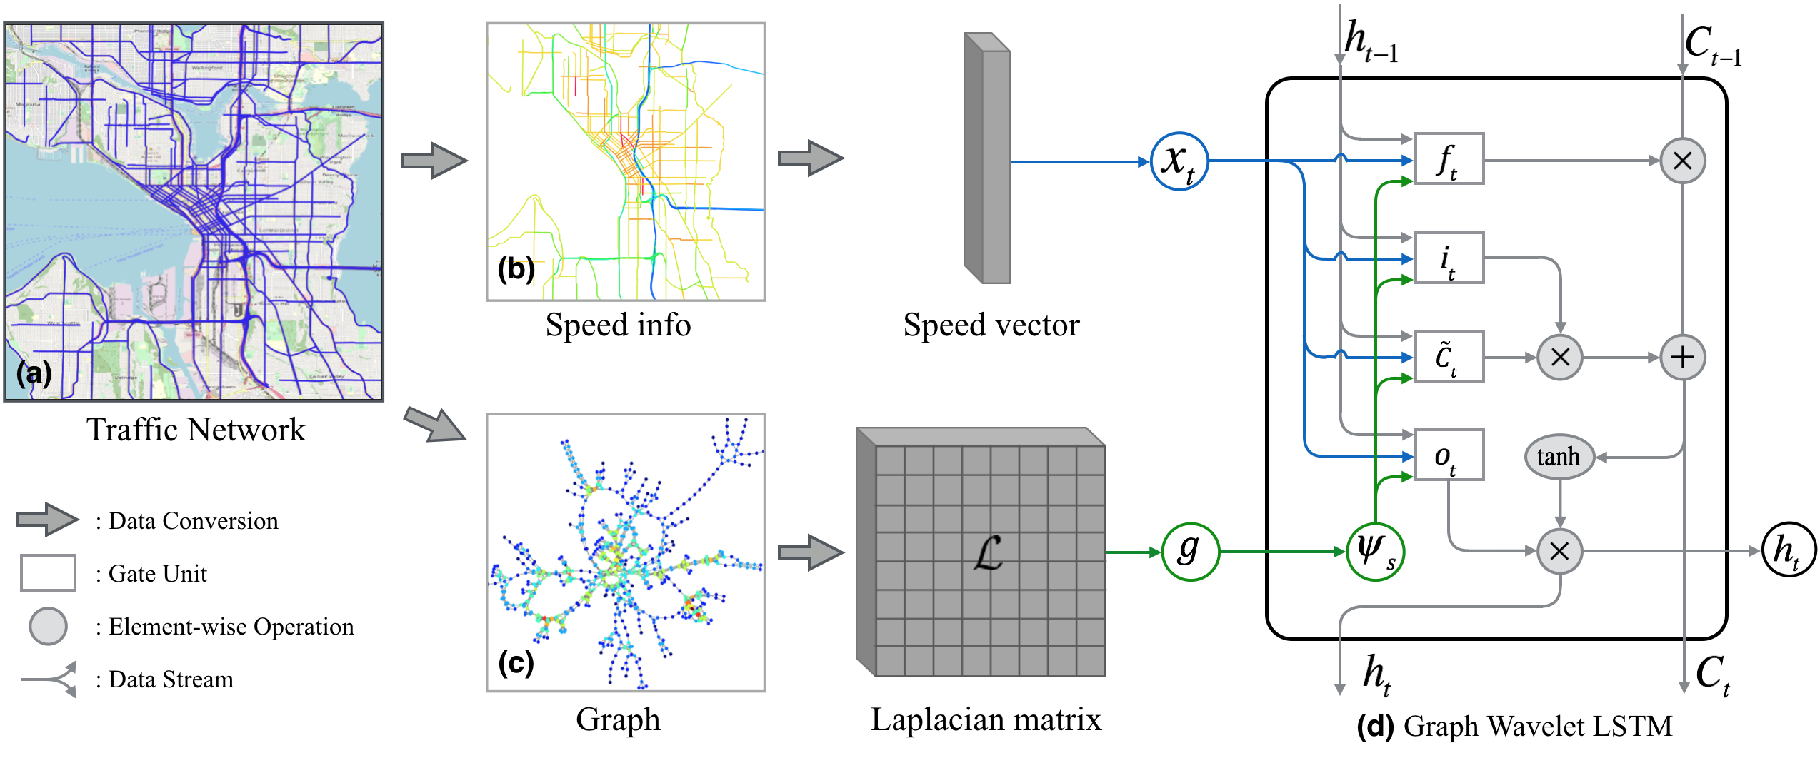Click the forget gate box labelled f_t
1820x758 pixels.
[1449, 158]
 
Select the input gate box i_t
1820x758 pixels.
[1449, 258]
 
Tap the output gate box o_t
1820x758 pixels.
[1449, 455]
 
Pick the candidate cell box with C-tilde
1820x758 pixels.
[1449, 356]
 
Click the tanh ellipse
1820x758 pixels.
[1559, 457]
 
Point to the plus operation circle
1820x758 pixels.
[1682, 357]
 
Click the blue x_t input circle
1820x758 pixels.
[1179, 161]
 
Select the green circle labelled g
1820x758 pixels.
[1189, 552]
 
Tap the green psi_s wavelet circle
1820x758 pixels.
[1375, 552]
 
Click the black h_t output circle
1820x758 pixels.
[1788, 550]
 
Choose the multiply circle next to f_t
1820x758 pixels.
[1682, 161]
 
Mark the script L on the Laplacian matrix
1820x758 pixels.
[988, 553]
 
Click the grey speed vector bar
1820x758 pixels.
[987, 158]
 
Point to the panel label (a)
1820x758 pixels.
[34, 373]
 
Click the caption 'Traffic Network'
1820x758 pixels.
[196, 430]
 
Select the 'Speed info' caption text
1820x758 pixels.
[618, 325]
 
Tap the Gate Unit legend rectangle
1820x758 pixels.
[48, 572]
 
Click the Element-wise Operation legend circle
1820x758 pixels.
[48, 626]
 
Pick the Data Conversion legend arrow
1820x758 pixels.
[48, 519]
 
